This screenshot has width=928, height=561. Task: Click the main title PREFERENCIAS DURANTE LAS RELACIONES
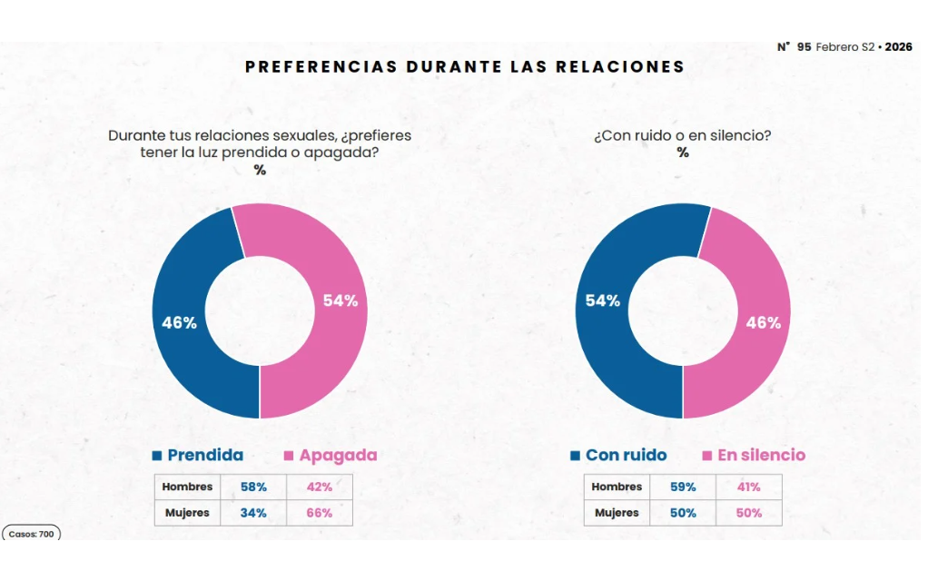[465, 67]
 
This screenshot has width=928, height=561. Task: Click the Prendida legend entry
[197, 456]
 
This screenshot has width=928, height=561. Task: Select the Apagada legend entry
[331, 456]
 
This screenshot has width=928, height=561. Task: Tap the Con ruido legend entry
[618, 456]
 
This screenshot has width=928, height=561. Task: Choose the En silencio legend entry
[754, 456]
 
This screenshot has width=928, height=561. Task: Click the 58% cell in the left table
[253, 487]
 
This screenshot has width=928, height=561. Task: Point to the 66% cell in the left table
[319, 513]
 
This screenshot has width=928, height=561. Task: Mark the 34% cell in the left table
[253, 513]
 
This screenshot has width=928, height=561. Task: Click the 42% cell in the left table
[319, 487]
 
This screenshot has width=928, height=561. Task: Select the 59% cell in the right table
[683, 487]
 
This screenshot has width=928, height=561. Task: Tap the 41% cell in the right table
[748, 487]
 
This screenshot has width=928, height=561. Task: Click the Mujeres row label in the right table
[617, 513]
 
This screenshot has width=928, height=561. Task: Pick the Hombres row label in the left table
[187, 487]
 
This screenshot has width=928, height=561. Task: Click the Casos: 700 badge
[32, 534]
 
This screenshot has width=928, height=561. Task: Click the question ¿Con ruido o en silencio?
[682, 136]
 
